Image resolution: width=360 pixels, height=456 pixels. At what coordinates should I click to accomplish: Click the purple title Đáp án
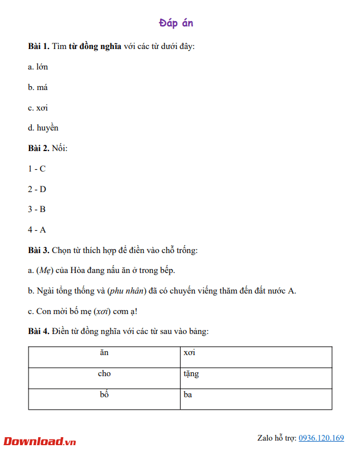[179, 23]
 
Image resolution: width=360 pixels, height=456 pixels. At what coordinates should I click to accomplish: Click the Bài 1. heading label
[39, 46]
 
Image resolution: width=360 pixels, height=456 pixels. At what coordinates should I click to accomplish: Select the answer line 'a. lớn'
[38, 67]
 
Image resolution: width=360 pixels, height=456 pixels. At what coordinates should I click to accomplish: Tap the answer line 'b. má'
[38, 87]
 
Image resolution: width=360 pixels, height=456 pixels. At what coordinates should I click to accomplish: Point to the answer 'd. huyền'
[43, 128]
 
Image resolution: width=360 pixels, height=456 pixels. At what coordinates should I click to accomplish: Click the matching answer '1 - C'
[36, 169]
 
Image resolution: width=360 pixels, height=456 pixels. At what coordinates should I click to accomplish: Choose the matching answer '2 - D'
[37, 189]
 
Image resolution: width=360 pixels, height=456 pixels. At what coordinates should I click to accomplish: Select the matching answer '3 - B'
[36, 209]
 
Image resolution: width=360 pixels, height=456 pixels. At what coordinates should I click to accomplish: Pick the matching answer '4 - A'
[36, 230]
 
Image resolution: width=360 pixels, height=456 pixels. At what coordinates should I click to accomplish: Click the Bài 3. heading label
[39, 250]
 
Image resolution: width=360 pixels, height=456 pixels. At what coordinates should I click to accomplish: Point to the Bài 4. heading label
[39, 331]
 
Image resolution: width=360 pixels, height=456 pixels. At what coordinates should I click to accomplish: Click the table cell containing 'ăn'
[104, 357]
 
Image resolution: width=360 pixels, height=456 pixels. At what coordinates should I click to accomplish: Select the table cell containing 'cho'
[104, 378]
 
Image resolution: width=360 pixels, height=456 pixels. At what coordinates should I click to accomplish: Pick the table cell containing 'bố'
[104, 399]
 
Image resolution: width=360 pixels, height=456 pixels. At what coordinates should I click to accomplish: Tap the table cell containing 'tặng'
[256, 378]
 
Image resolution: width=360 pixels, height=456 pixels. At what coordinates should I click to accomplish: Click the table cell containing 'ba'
[256, 399]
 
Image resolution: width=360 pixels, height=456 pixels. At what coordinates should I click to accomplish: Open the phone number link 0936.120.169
[321, 438]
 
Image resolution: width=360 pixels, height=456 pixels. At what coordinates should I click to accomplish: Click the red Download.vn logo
[40, 441]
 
